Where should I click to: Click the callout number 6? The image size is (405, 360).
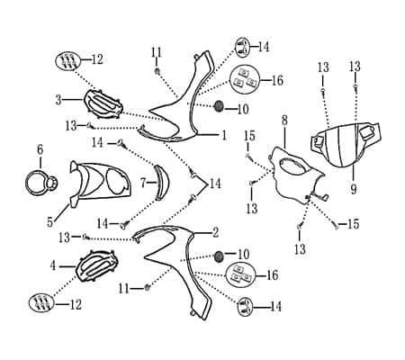[40, 149]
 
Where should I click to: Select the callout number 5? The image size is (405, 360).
[49, 222]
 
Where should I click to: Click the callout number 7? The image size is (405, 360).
[144, 183]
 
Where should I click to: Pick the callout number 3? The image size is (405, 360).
[58, 100]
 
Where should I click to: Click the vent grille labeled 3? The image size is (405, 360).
[103, 104]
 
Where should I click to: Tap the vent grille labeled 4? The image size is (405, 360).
[96, 265]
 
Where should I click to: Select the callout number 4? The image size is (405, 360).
[53, 265]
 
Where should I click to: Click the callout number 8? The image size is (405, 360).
[284, 121]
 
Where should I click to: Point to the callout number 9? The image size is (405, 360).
[354, 189]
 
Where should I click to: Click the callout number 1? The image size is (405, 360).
[224, 136]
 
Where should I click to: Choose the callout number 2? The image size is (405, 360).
[215, 233]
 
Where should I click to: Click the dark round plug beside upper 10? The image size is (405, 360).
[219, 106]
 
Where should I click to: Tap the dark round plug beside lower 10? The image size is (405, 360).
[220, 256]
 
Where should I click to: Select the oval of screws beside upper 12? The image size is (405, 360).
[67, 61]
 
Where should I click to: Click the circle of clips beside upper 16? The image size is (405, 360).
[244, 78]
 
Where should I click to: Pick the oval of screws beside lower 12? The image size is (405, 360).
[41, 302]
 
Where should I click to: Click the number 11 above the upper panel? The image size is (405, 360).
[157, 53]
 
